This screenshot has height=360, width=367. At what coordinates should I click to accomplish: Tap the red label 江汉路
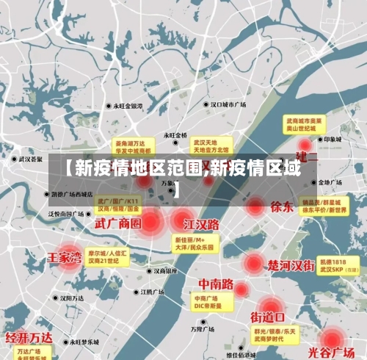(x=201, y=223)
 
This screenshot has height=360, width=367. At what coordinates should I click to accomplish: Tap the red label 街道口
(x=267, y=317)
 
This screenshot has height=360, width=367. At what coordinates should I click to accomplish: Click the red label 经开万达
(x=30, y=338)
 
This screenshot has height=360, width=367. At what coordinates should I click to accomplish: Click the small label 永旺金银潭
(x=127, y=106)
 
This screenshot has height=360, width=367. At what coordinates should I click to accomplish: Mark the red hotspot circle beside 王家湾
(x=69, y=258)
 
